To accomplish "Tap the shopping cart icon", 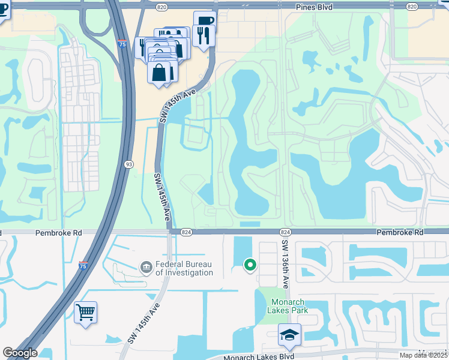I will point(85,311).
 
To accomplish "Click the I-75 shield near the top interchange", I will point(122,44).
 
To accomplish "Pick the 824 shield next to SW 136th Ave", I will point(285,232).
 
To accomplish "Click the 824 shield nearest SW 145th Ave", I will point(185,232).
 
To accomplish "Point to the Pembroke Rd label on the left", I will point(58,232).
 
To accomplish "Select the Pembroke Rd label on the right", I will point(400,232).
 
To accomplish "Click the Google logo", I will point(20,352).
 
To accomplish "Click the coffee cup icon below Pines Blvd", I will point(204,20).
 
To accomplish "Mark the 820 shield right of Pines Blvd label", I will point(411,6).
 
